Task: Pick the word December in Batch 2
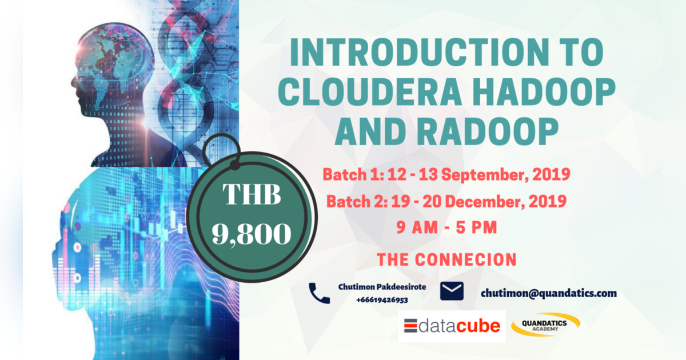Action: pos(477,202)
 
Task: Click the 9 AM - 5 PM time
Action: pos(447,227)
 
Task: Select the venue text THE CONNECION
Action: pos(446,259)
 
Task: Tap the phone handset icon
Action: pos(319,293)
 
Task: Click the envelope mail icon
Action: pos(452,291)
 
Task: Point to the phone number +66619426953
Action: pos(382,299)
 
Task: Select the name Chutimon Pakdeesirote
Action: pos(382,286)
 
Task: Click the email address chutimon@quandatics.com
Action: pos(549,293)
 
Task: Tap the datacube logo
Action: pos(452,326)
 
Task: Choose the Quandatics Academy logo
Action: pos(546,325)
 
